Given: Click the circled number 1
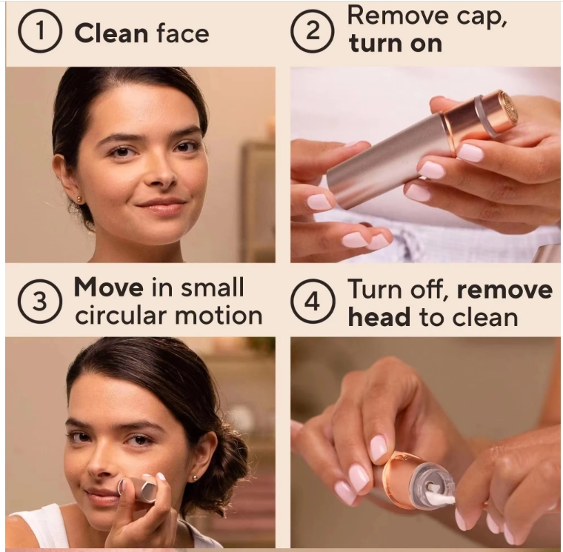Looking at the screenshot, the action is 40,31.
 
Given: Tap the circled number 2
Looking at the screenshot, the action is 313,31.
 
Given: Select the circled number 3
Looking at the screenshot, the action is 40,301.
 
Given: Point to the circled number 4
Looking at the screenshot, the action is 313,301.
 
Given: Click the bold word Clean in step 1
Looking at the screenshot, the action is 111,33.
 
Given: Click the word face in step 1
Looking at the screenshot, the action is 183,33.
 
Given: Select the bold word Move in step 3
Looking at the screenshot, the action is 108,287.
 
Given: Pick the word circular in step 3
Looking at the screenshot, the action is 121,316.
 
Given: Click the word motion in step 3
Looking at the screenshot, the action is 219,316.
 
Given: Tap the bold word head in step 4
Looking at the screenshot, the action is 379,317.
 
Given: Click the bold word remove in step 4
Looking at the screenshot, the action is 504,290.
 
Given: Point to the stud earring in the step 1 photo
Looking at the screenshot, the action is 79,199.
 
